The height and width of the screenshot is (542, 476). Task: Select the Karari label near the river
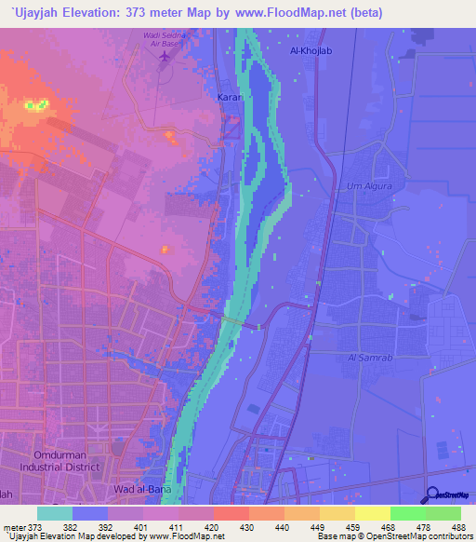pyautogui.click(x=231, y=97)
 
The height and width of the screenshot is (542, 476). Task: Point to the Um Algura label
pyautogui.click(x=365, y=185)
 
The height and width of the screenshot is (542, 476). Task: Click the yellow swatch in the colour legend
pyautogui.click(x=372, y=513)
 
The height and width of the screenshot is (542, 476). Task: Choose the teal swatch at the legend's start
pyautogui.click(x=55, y=513)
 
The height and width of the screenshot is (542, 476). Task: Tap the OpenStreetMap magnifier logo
pyautogui.click(x=432, y=495)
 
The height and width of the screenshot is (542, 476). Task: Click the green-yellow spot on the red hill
pyautogui.click(x=35, y=105)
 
